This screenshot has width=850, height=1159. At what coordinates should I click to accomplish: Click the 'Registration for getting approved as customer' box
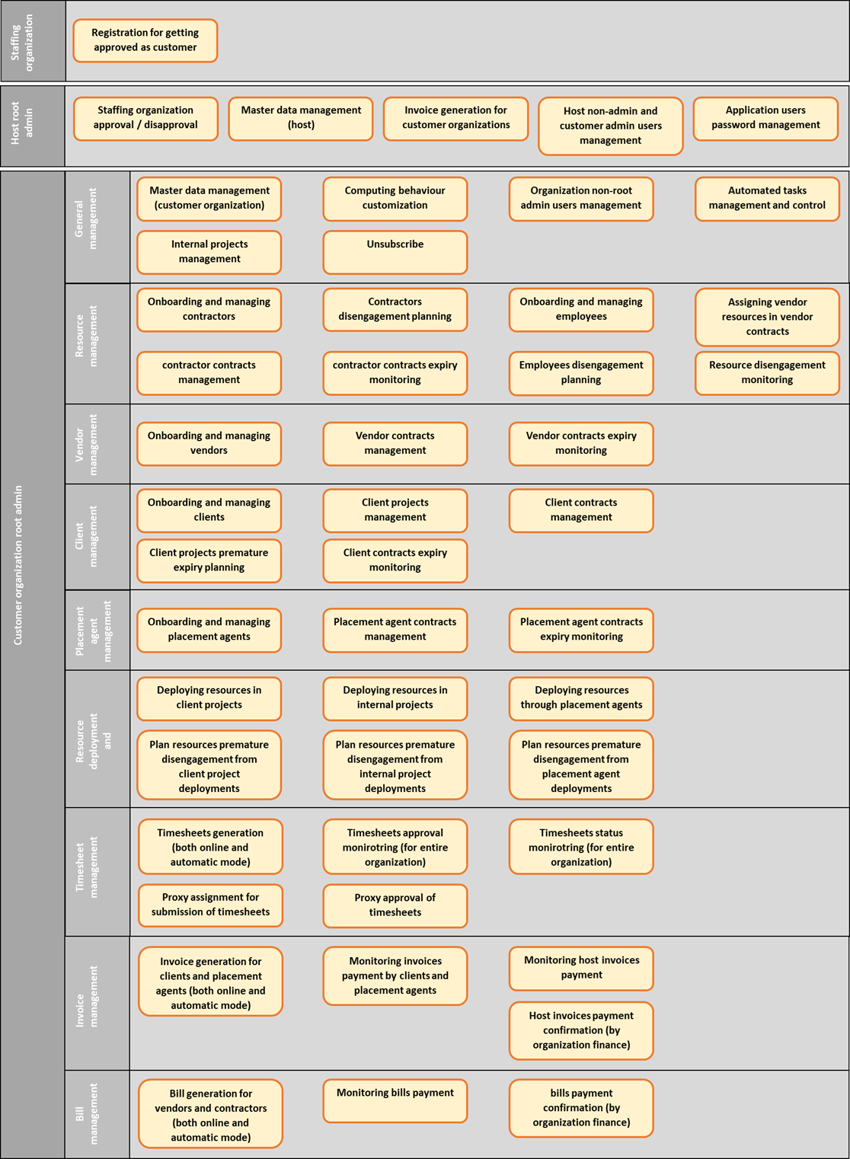point(145,40)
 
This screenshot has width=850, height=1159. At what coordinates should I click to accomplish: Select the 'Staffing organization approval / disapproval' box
point(145,119)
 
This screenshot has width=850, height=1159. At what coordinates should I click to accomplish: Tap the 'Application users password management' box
point(765,119)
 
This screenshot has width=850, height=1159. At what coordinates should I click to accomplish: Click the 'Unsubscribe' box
point(395,253)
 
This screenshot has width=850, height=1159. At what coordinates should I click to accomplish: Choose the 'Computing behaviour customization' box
point(395,200)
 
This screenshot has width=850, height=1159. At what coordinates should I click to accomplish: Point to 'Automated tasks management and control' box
point(767,200)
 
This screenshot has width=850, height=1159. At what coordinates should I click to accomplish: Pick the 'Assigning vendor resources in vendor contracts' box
point(767,318)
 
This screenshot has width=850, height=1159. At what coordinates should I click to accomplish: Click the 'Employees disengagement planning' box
point(581,373)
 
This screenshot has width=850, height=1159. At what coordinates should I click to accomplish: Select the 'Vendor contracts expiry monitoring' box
point(581,444)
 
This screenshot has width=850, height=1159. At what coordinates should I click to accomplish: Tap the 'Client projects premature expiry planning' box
point(209,561)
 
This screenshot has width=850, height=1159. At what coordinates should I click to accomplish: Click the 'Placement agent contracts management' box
point(395,631)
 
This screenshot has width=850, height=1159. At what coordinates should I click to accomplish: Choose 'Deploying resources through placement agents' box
point(581,698)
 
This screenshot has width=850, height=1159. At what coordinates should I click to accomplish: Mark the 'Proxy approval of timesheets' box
point(395,905)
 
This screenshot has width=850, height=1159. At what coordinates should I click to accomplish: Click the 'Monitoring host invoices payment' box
point(581,969)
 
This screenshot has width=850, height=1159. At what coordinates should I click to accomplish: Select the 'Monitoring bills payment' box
point(395,1100)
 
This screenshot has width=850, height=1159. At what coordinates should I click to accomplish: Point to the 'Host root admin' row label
point(22,123)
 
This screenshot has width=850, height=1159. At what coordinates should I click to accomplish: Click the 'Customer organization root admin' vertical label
point(18,565)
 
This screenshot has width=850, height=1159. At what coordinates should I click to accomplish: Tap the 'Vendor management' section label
point(86,445)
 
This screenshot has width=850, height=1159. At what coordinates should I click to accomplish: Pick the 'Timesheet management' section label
point(86,867)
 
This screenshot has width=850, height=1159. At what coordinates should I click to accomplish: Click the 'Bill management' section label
point(86,1113)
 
